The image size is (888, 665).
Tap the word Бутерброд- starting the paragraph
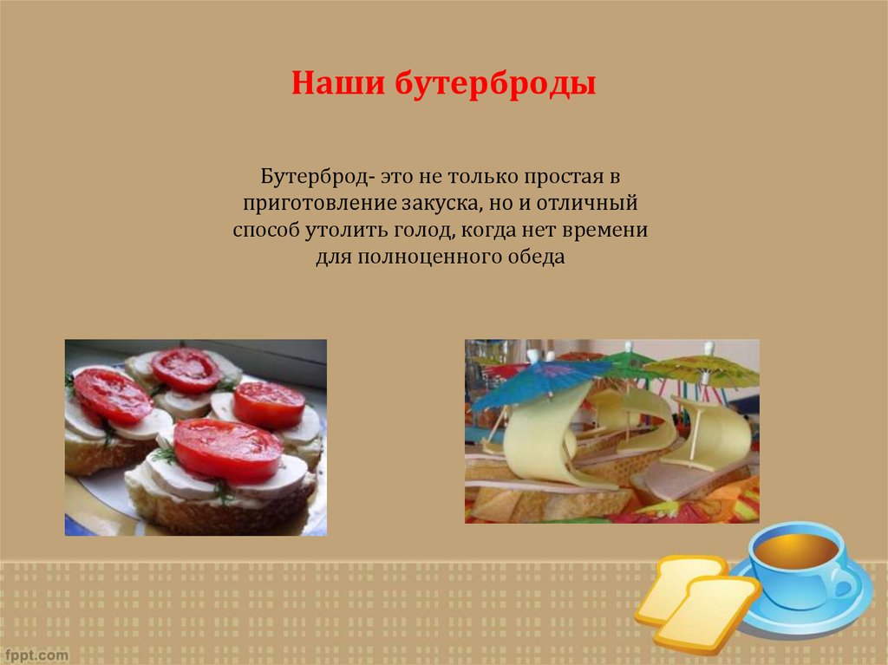317,178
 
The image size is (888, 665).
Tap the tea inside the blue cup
793,549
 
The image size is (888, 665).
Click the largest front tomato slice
227,450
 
